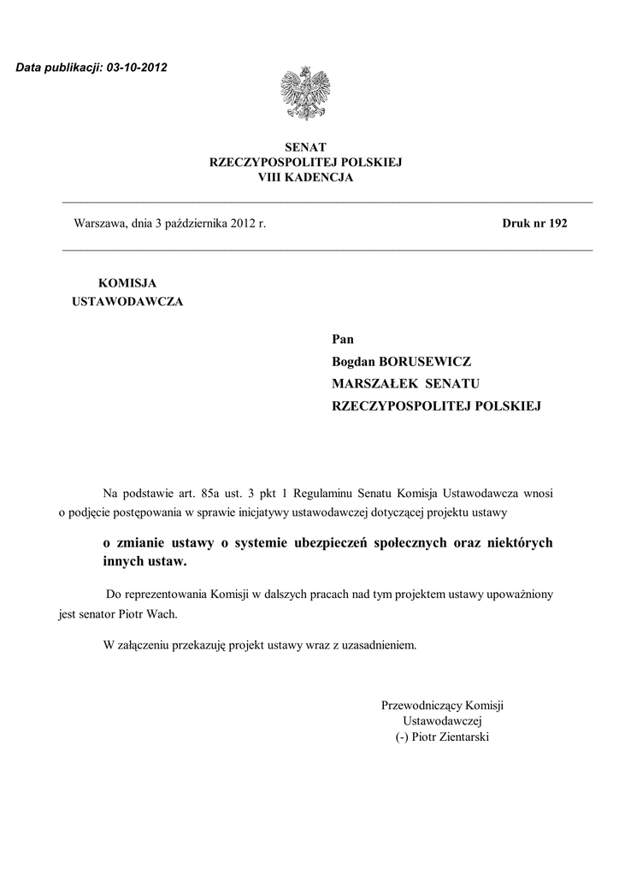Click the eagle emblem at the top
click(x=305, y=95)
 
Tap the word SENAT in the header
click(x=305, y=148)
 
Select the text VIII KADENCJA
click(x=305, y=177)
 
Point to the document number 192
click(x=558, y=224)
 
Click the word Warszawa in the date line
click(x=100, y=224)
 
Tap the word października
click(x=195, y=224)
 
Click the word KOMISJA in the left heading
click(x=127, y=282)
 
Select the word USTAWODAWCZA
click(x=127, y=302)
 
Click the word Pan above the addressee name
click(x=342, y=340)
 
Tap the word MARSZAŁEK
click(x=368, y=384)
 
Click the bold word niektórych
click(x=516, y=543)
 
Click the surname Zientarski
click(x=462, y=737)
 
